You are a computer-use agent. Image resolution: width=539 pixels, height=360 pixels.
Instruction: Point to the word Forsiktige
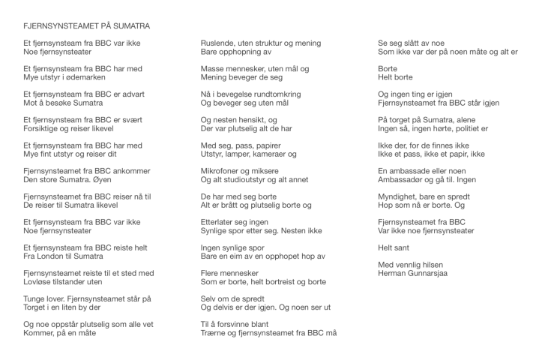(x=45, y=129)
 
